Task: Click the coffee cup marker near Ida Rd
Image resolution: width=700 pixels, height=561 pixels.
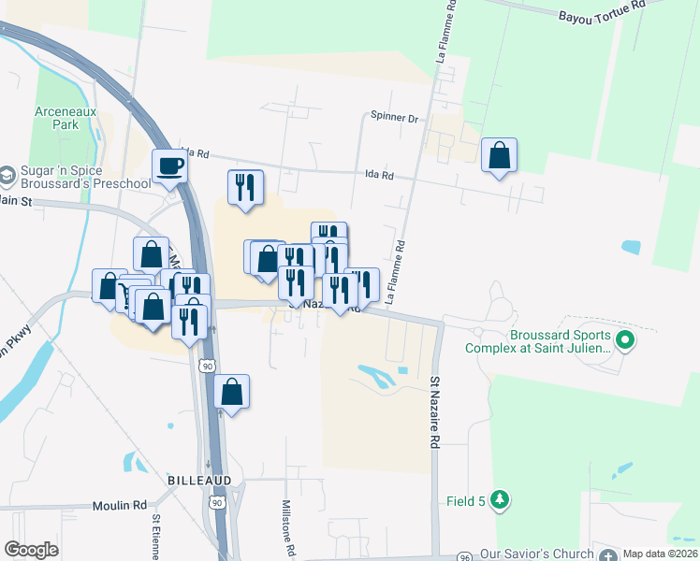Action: click(169, 165)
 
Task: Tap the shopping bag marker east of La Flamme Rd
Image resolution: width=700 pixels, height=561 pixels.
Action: click(500, 155)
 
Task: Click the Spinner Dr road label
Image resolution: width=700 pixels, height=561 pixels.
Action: click(397, 118)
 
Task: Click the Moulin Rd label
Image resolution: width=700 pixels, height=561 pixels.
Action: click(120, 505)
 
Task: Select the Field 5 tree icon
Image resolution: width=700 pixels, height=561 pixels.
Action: click(501, 500)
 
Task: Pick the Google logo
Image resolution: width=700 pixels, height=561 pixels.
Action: click(31, 550)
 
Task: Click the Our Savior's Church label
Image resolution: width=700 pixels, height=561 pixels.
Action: click(537, 554)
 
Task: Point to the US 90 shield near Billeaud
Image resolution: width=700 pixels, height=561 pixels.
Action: click(217, 503)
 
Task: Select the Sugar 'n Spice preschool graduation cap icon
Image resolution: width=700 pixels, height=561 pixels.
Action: click(7, 175)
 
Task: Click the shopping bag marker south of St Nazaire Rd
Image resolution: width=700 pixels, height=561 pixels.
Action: click(232, 393)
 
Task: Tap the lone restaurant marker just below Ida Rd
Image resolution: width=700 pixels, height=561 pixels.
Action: click(245, 187)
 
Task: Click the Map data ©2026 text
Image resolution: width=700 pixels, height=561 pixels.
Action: click(659, 554)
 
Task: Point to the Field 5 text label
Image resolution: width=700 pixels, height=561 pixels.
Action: click(465, 501)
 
